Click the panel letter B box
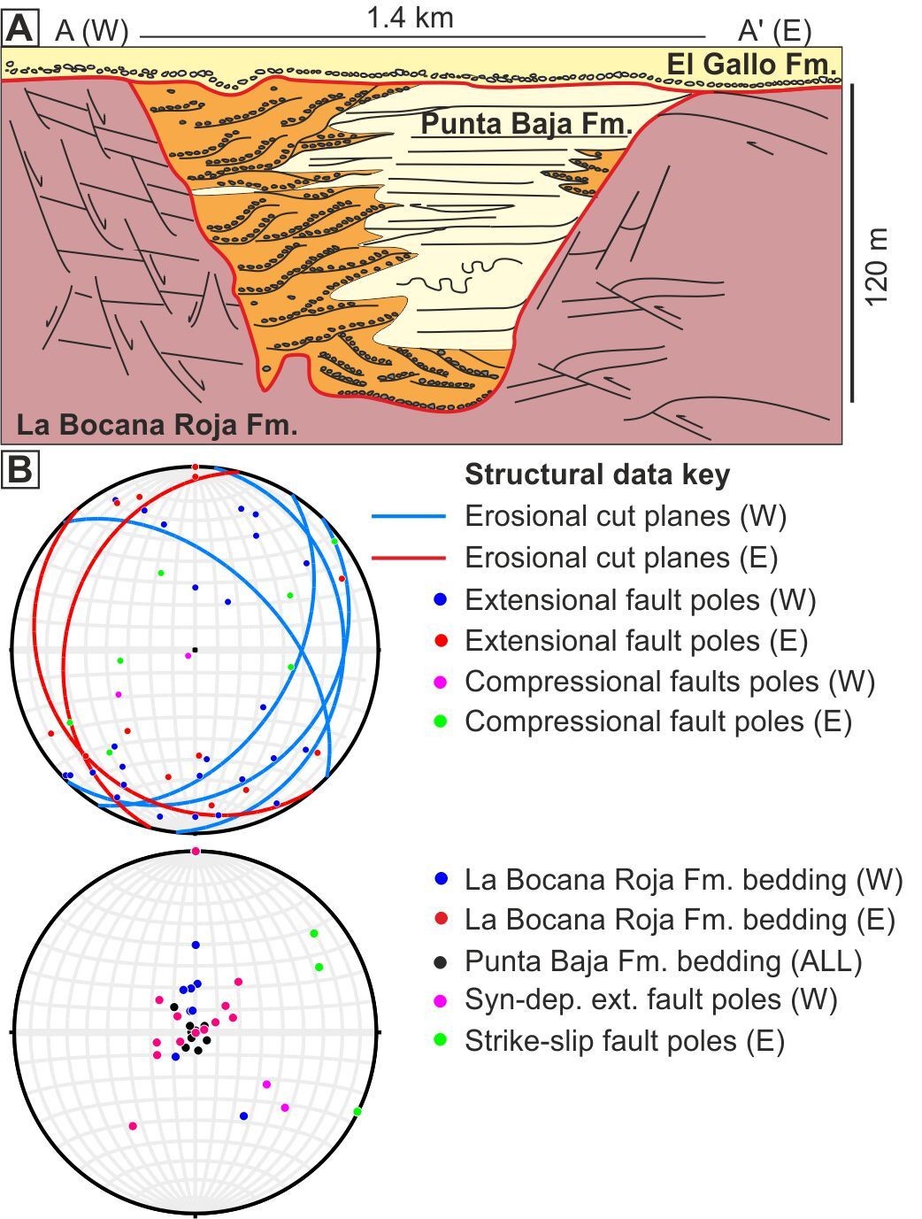coord(20,470)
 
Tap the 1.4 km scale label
coord(410,18)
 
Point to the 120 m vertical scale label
coord(876,266)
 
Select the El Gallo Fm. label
coord(751,64)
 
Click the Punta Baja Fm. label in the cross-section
coord(526,123)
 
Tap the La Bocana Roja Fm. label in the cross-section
coord(157,424)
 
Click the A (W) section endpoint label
coord(92,31)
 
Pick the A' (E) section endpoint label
coord(774,31)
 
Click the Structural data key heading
coord(597,474)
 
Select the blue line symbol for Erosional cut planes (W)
coord(408,517)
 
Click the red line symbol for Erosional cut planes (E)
coord(408,559)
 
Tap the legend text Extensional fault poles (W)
coord(640,600)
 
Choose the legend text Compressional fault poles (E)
coord(657,721)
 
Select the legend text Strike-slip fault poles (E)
coord(624,1041)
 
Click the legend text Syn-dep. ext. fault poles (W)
coord(650,1000)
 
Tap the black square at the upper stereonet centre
coord(195,650)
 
